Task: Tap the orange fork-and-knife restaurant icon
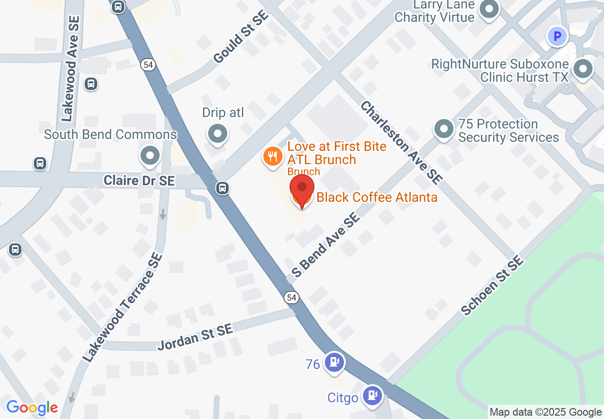pyautogui.click(x=272, y=156)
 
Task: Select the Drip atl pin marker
pyautogui.click(x=218, y=133)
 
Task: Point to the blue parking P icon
pyautogui.click(x=557, y=36)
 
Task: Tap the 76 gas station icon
pyautogui.click(x=334, y=362)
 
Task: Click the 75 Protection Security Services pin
pyautogui.click(x=444, y=129)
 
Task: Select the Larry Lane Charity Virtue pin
pyautogui.click(x=489, y=9)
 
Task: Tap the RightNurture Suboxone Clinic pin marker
pyautogui.click(x=583, y=69)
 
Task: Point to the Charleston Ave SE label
pyautogui.click(x=401, y=142)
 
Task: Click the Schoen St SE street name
pyautogui.click(x=493, y=286)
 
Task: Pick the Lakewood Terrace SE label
pyautogui.click(x=122, y=308)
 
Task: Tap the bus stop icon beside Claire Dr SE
pyautogui.click(x=222, y=188)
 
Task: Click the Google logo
pyautogui.click(x=32, y=408)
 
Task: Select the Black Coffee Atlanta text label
pyautogui.click(x=377, y=197)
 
